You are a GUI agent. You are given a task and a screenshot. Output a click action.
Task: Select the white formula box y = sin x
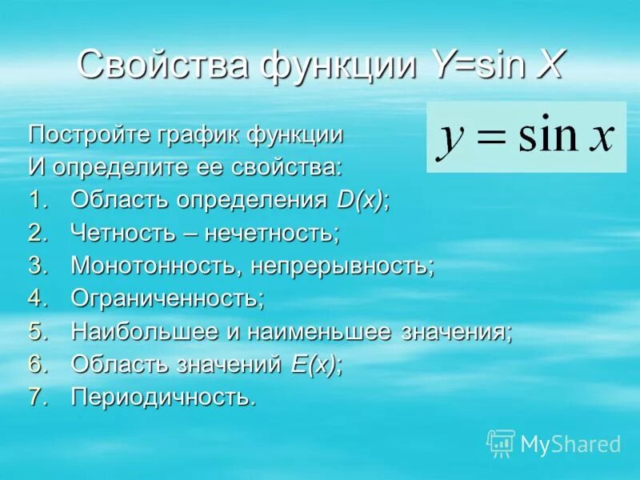click(x=526, y=137)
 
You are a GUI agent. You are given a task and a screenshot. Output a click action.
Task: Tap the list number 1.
click(x=37, y=201)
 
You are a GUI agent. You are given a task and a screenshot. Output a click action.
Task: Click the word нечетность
click(x=273, y=234)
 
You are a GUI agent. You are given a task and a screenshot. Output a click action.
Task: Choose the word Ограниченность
click(x=166, y=299)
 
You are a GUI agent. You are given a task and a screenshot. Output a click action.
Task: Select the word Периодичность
click(x=163, y=398)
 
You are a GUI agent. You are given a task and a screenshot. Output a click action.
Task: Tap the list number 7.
click(x=37, y=398)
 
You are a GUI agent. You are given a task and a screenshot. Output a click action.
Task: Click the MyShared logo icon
click(x=500, y=443)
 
